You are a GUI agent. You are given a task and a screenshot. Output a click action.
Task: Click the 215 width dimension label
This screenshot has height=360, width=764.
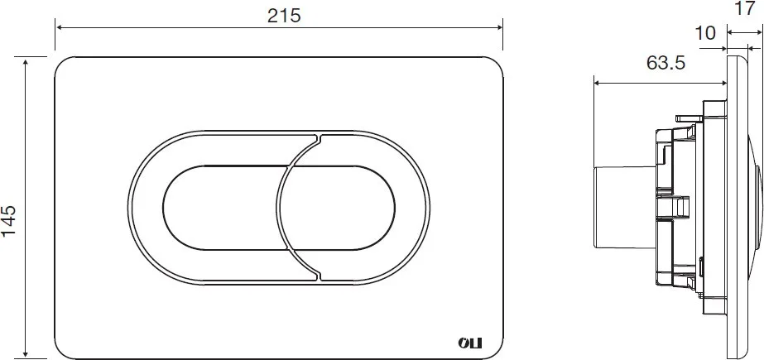pos(284,16)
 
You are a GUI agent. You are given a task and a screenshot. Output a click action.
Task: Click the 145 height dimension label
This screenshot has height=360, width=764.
pos(9,221)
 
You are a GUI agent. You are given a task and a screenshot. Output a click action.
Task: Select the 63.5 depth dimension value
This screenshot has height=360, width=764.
pos(666,63)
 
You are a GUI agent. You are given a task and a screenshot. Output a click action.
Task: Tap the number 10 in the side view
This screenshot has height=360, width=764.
pos(704,33)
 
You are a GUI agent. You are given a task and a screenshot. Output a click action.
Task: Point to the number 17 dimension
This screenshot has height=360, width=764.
pos(744,8)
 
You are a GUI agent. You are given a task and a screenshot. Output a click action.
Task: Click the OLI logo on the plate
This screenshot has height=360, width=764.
pos(469,343)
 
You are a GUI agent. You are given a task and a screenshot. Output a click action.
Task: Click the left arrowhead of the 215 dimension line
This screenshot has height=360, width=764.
pos(60,27)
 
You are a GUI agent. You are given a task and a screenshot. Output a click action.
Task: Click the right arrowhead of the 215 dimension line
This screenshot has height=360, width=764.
pos(498,27)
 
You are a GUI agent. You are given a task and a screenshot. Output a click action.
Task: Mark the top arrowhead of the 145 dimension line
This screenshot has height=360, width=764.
pos(26,61)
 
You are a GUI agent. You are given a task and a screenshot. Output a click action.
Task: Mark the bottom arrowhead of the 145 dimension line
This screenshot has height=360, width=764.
pos(26,354)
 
